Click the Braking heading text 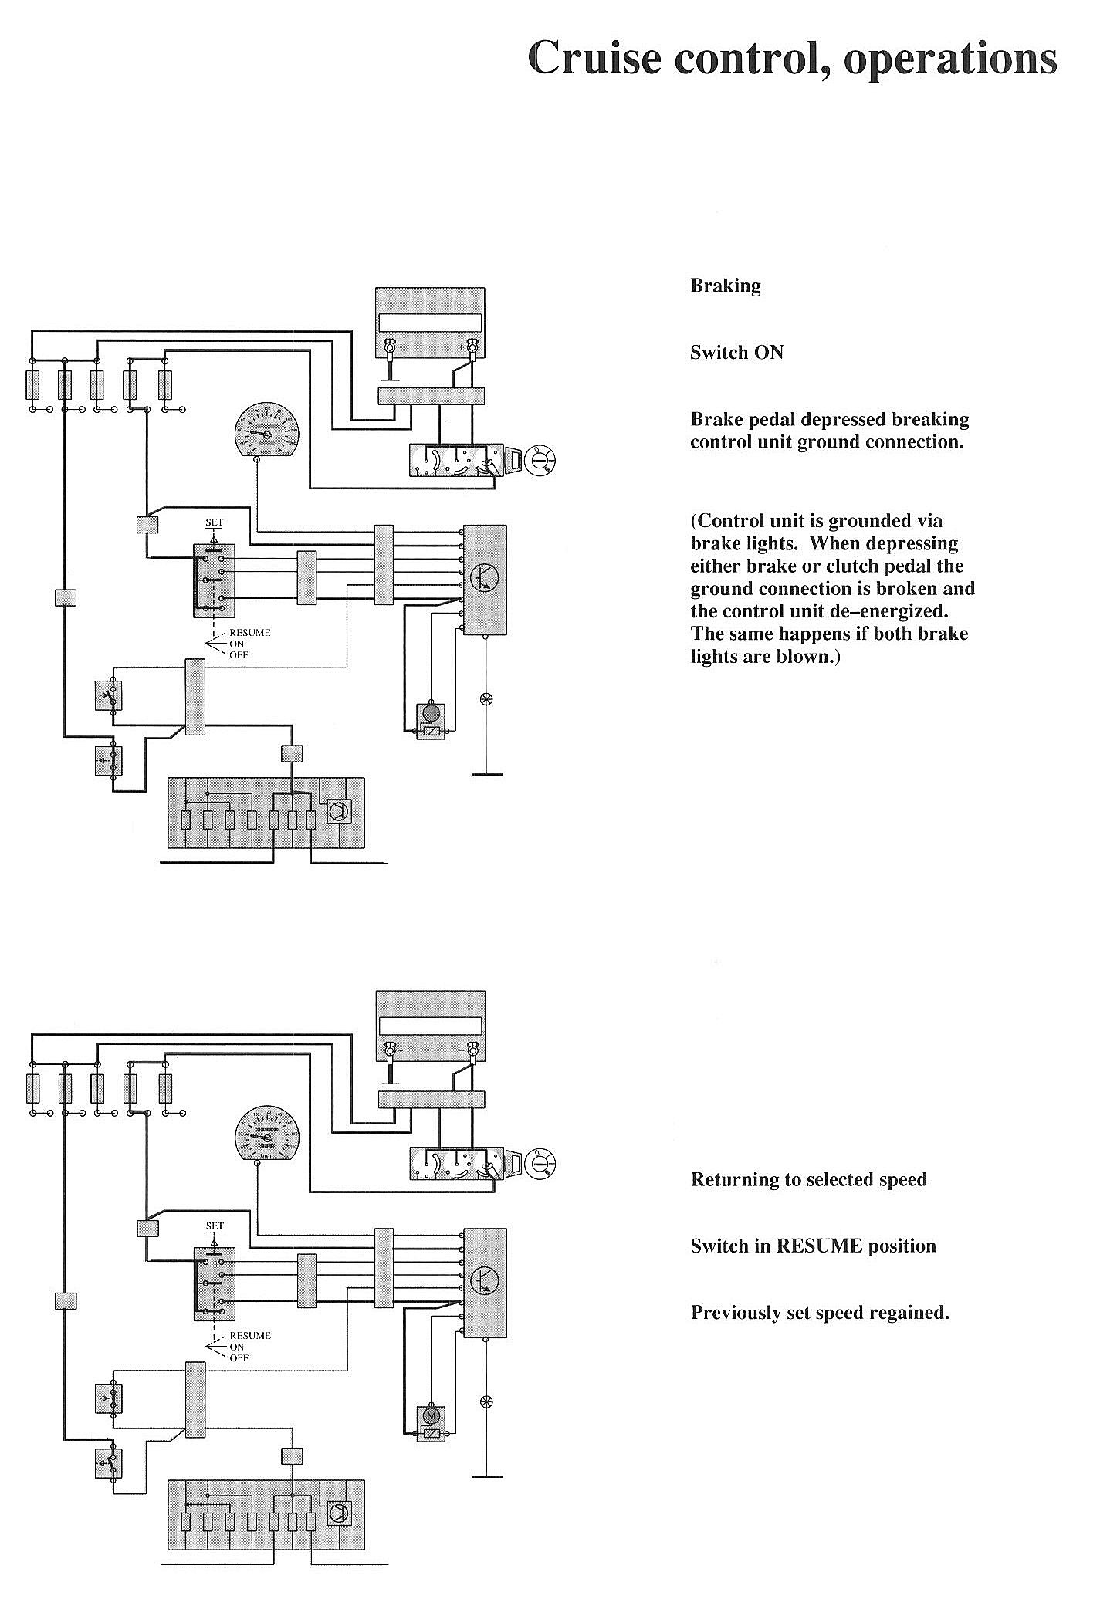[725, 286]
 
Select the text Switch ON [736, 353]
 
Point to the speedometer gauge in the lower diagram [266, 1134]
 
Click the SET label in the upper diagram [214, 522]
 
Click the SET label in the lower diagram [214, 1226]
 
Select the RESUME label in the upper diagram [250, 633]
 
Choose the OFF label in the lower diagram [239, 1358]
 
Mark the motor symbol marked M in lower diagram [431, 1415]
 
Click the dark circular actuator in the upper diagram [431, 712]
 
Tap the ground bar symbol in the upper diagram [486, 773]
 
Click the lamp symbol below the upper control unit [486, 699]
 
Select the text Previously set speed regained [820, 1312]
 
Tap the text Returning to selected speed [808, 1179]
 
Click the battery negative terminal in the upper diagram [391, 348]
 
